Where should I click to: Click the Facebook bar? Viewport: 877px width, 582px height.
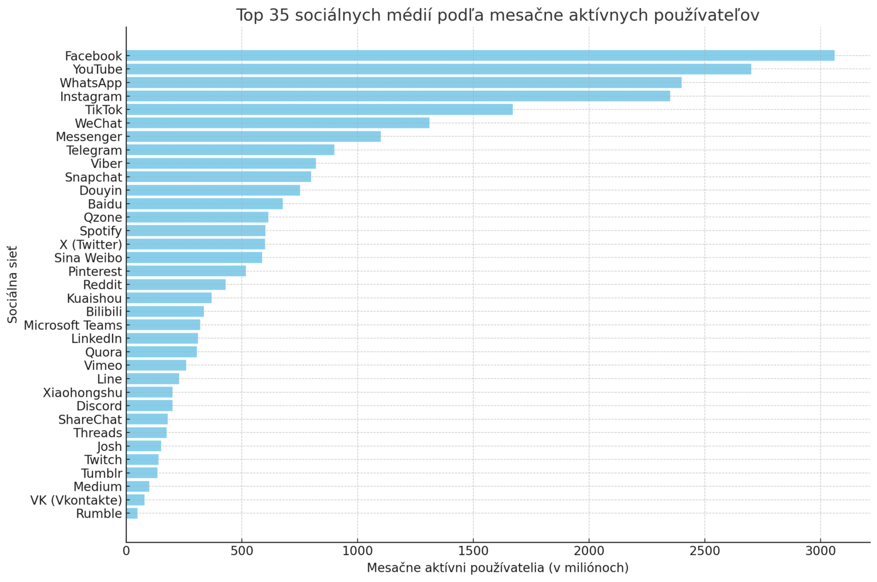point(480,55)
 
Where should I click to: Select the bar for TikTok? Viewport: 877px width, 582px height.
point(319,110)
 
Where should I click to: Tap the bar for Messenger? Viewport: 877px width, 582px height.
point(253,136)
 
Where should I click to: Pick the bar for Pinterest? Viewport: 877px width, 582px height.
point(186,271)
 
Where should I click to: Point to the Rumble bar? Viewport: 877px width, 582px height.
point(132,514)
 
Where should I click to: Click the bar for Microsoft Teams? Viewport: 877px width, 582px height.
point(163,325)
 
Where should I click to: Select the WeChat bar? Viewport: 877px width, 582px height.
point(277,123)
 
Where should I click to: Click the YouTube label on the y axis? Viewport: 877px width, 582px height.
point(97,70)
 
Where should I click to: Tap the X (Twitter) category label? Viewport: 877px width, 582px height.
point(91,245)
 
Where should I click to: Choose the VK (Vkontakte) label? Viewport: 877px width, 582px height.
point(76,500)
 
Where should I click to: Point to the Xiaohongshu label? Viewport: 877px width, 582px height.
point(82,393)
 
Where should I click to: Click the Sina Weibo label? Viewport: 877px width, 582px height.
point(88,258)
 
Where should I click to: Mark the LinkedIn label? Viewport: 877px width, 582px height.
point(96,339)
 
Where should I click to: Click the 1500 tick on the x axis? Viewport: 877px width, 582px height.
point(473,551)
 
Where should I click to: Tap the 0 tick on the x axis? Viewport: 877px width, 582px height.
point(126,551)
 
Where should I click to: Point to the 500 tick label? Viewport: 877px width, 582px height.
point(242,551)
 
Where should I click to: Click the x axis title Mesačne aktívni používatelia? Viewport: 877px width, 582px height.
point(497,568)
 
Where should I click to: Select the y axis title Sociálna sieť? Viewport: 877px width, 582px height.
point(13,284)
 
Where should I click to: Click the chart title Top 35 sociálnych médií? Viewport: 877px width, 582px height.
point(497,15)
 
